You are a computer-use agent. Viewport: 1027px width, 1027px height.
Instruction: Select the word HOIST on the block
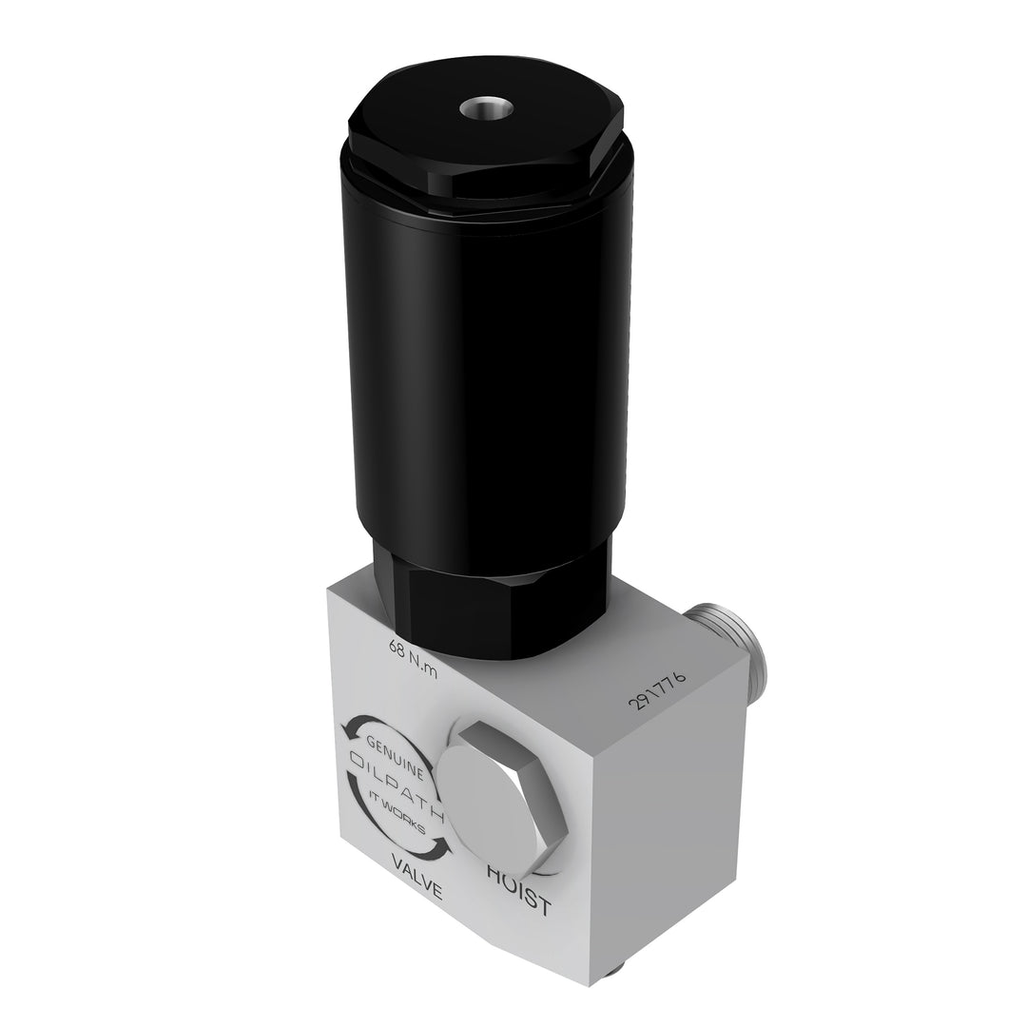point(518,888)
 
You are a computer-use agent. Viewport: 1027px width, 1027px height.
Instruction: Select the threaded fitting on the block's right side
point(732,635)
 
